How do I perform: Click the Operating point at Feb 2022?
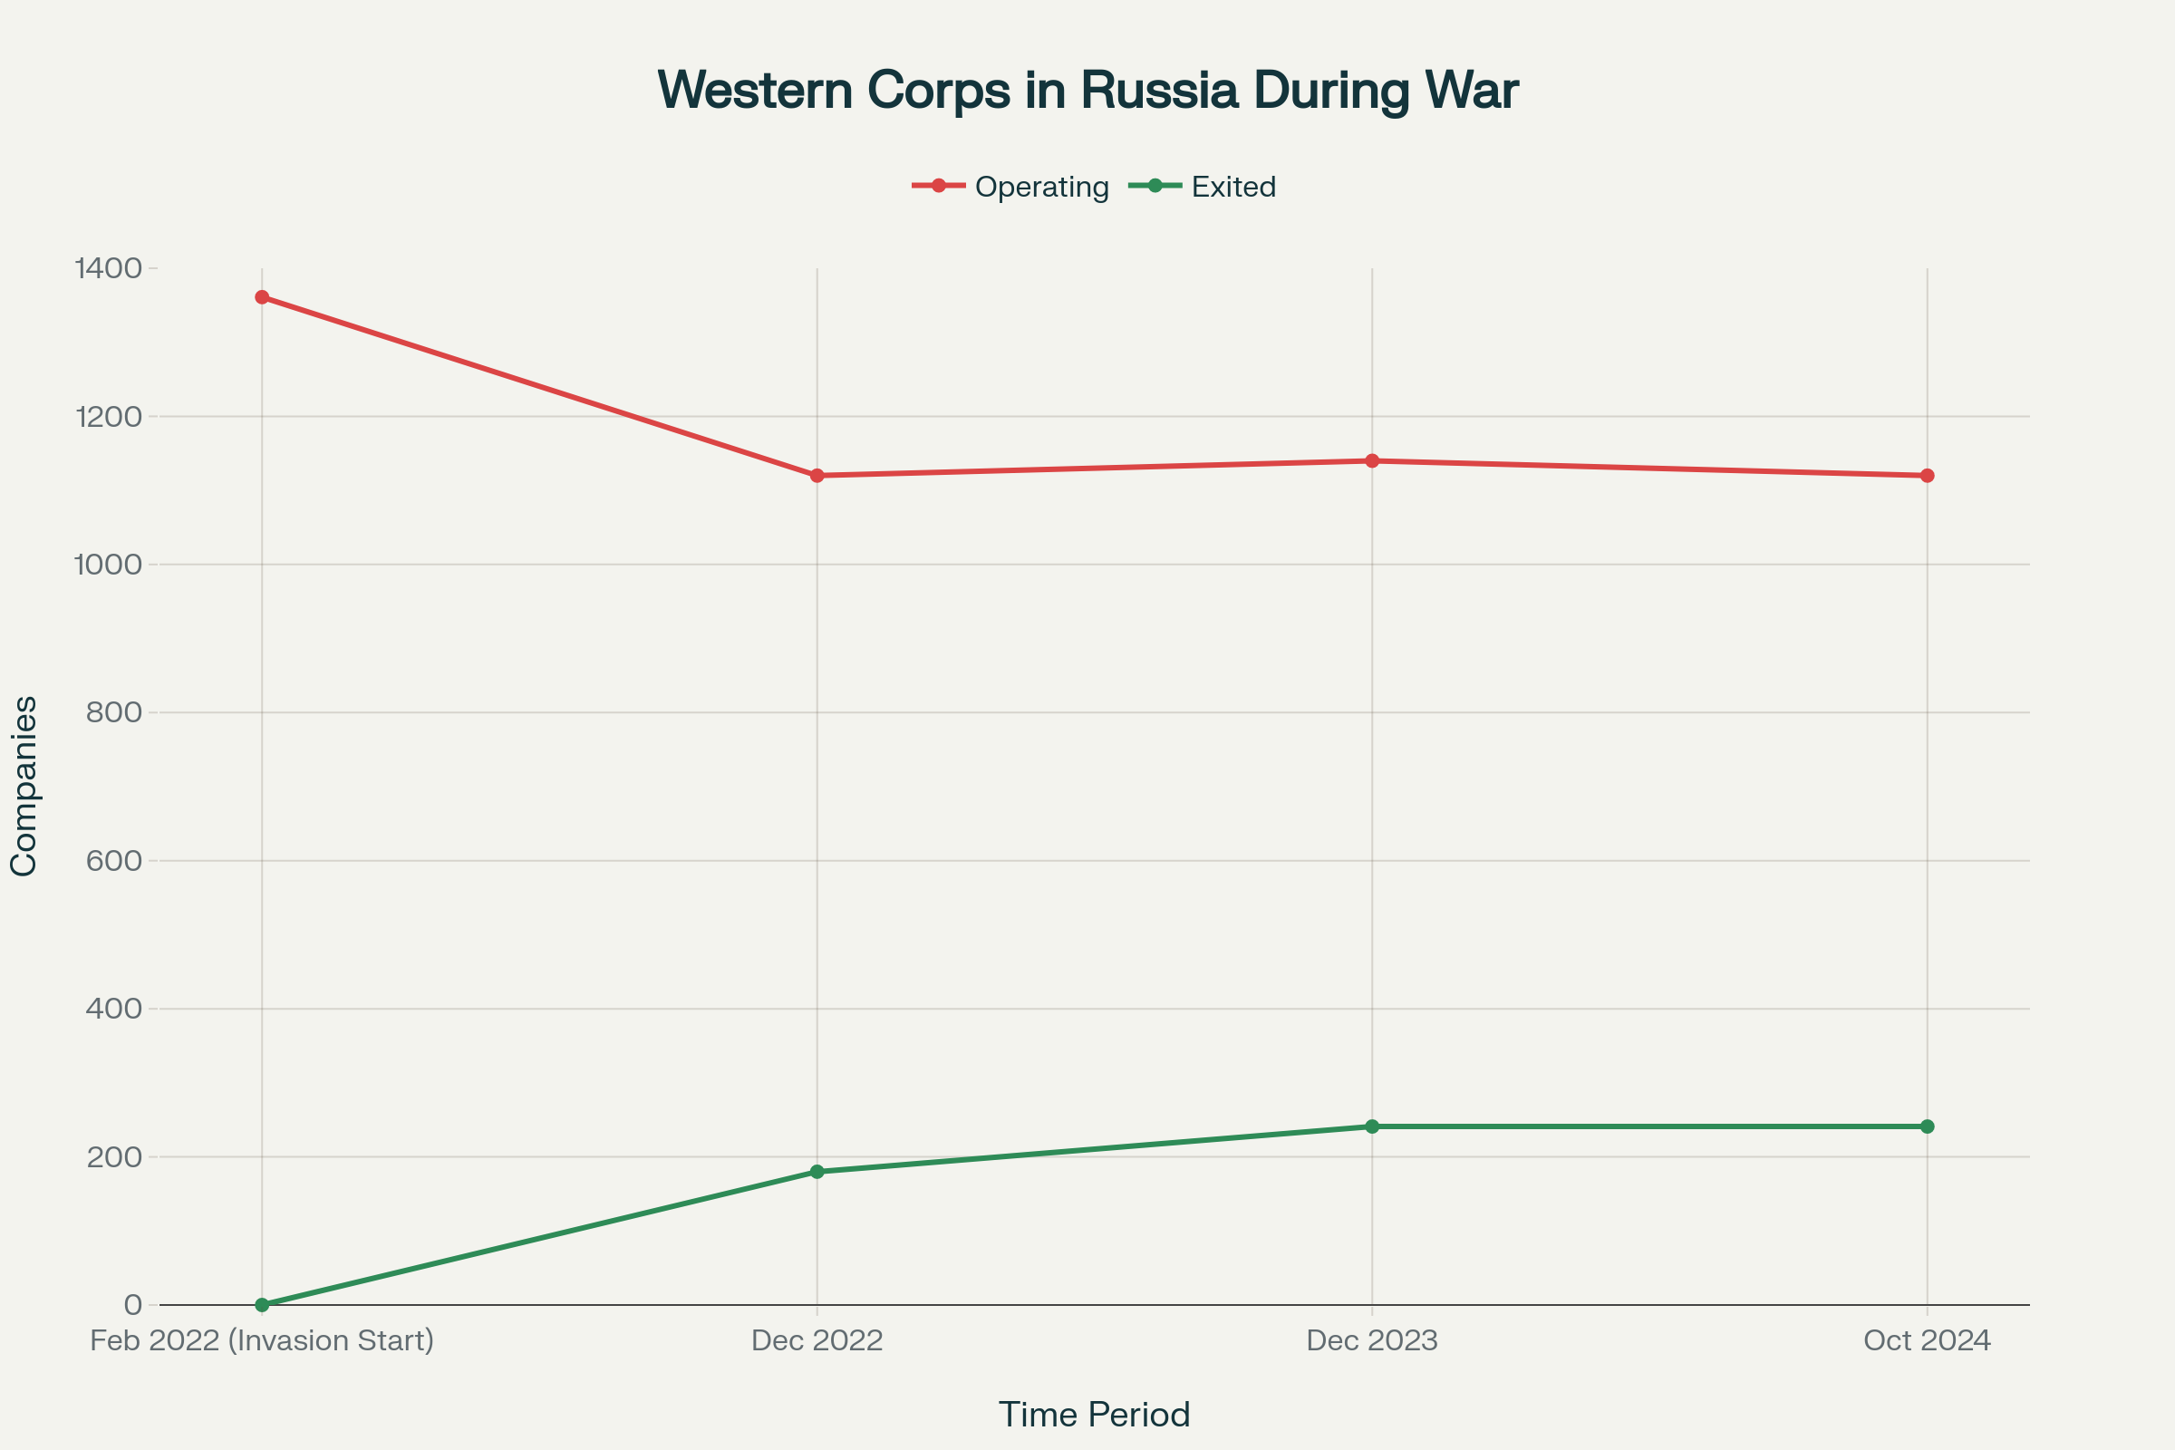click(262, 298)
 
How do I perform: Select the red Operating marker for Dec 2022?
click(817, 475)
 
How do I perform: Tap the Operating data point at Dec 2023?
click(1371, 460)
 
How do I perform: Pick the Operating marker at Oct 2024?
click(1928, 475)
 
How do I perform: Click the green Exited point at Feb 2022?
click(262, 1305)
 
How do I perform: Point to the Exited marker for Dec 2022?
click(817, 1172)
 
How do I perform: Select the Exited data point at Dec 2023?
click(1371, 1126)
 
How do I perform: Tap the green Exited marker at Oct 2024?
click(1928, 1126)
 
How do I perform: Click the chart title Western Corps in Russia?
click(1087, 91)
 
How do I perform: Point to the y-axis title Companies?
click(24, 786)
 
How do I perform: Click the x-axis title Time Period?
click(1094, 1415)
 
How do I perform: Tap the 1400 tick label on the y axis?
click(109, 269)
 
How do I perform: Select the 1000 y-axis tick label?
click(109, 565)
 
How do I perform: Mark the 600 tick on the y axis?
click(115, 861)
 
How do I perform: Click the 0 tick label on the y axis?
click(133, 1305)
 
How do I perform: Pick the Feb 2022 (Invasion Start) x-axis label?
click(262, 1341)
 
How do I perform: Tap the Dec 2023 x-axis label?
click(1371, 1341)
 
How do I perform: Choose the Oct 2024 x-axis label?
click(1928, 1341)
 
